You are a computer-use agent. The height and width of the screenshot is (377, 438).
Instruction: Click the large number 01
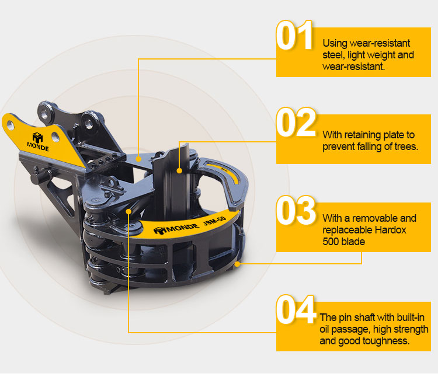[294, 36]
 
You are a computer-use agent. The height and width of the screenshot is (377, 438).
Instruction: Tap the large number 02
[296, 122]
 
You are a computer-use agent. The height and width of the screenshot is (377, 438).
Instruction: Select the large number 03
[296, 210]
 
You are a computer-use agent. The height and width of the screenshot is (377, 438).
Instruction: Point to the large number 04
[296, 309]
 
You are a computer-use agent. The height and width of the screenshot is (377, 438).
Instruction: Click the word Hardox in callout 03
[391, 230]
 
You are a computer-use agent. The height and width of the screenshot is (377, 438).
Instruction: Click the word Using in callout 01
[335, 44]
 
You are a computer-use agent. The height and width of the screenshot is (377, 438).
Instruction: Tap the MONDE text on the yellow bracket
[38, 146]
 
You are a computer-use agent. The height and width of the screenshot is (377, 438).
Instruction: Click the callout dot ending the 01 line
[138, 159]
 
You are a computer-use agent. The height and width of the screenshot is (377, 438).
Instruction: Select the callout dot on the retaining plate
[179, 170]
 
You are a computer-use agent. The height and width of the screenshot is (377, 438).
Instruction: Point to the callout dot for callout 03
[237, 264]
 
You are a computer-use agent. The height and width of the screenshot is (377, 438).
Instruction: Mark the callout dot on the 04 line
[128, 211]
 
